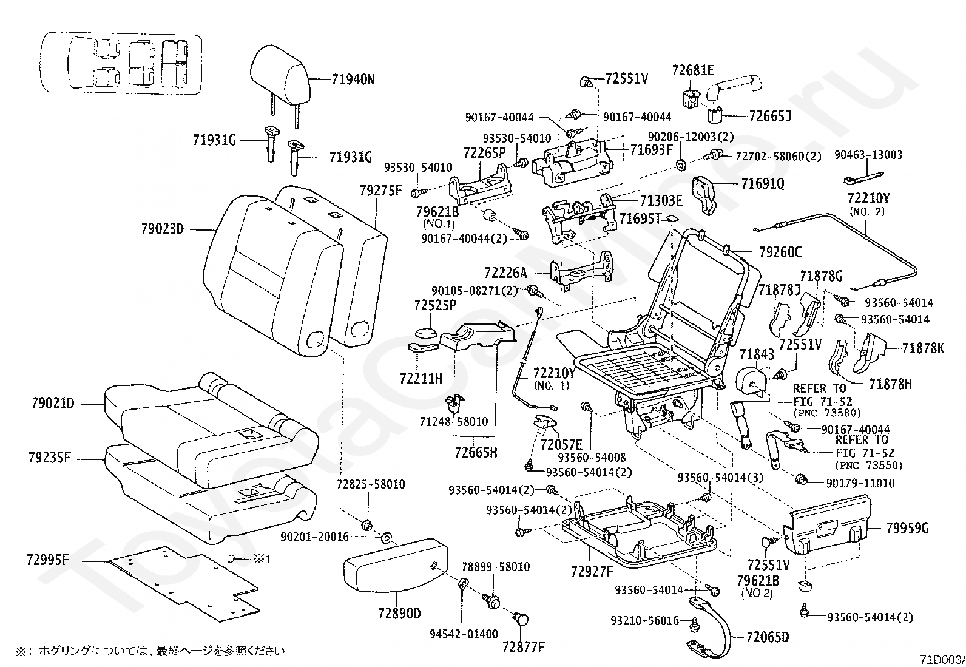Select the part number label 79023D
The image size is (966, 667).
pyautogui.click(x=163, y=229)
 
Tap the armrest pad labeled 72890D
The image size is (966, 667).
pyautogui.click(x=396, y=565)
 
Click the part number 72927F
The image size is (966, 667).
pyautogui.click(x=592, y=572)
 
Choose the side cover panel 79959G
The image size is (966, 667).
pyautogui.click(x=827, y=524)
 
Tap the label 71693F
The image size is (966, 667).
pyautogui.click(x=651, y=149)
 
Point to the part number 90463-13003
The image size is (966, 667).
pyautogui.click(x=868, y=154)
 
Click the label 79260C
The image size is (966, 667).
pyautogui.click(x=780, y=252)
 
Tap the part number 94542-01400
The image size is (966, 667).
pyautogui.click(x=464, y=634)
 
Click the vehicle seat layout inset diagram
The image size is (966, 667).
pyautogui.click(x=121, y=63)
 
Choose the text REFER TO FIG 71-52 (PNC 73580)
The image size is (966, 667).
pyautogui.click(x=826, y=401)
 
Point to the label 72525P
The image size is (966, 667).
pyautogui.click(x=434, y=305)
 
